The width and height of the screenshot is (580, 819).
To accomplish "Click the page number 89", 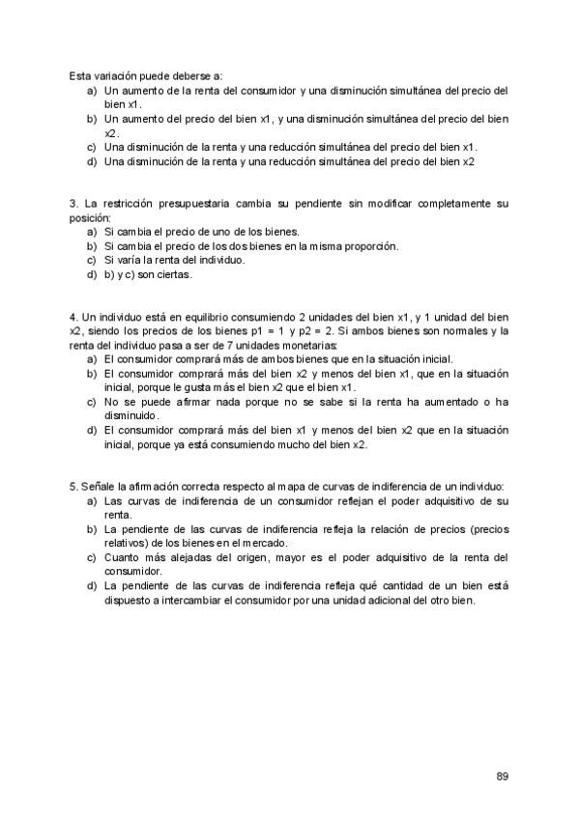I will click(x=502, y=776).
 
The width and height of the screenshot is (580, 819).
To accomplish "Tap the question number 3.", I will click(x=72, y=205).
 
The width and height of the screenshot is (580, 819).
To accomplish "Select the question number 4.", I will click(x=72, y=318).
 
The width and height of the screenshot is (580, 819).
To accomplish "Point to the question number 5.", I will click(x=72, y=487).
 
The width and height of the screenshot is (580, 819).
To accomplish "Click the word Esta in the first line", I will click(x=80, y=76).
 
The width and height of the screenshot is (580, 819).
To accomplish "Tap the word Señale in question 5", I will click(x=98, y=487).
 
